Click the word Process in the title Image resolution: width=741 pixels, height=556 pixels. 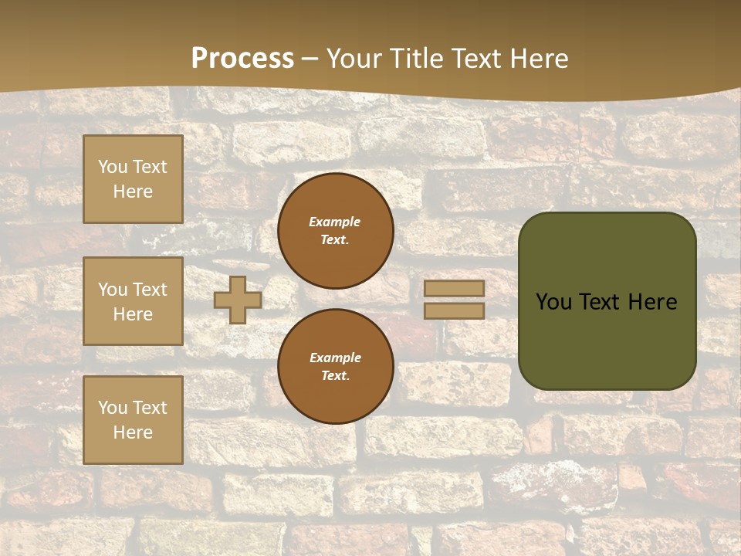(242, 59)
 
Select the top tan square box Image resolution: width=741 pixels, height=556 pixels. (133, 179)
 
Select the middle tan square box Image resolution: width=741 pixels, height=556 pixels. (133, 301)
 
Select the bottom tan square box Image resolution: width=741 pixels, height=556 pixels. (133, 420)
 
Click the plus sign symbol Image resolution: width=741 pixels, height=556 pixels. (238, 300)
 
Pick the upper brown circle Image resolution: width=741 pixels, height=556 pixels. (336, 231)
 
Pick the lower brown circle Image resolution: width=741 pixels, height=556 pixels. (336, 367)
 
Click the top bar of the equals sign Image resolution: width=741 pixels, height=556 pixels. (455, 288)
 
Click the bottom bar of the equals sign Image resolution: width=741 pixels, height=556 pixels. (455, 310)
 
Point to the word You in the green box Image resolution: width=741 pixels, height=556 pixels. (553, 302)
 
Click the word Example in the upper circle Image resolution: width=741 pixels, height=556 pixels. (334, 222)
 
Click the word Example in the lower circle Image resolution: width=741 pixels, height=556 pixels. (335, 358)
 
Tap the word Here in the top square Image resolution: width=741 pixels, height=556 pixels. (133, 192)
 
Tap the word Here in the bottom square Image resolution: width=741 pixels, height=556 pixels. (133, 432)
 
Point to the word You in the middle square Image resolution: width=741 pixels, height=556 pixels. (112, 290)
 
